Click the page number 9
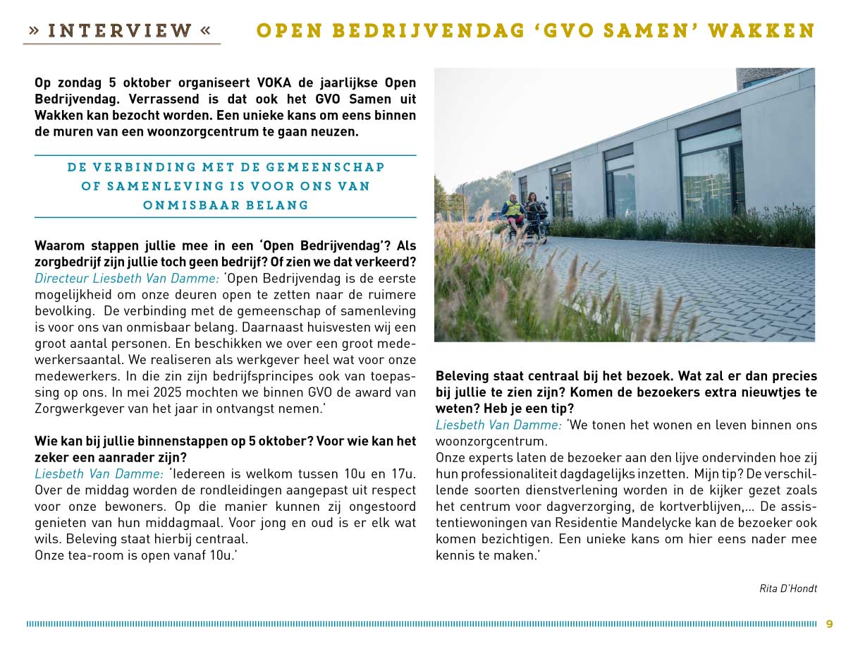[830, 624]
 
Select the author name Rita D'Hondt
[788, 588]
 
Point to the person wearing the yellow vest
[513, 210]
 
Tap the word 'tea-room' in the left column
[89, 555]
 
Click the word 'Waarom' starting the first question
[59, 246]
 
